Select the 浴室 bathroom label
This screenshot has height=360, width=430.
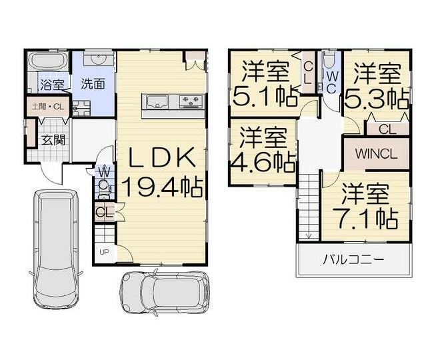coord(53,85)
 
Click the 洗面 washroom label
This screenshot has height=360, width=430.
coord(93,84)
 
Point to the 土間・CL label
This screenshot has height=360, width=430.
coord(48,107)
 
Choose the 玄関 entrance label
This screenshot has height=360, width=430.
coord(53,140)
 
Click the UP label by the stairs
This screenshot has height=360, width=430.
coord(104,252)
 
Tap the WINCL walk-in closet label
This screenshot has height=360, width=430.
coord(376,154)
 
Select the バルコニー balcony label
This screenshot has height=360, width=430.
coord(353,259)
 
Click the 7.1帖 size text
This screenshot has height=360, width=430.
coord(365,219)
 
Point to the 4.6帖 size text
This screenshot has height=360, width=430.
coord(263,162)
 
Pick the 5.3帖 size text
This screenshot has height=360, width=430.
coord(377,98)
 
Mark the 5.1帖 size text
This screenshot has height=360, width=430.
coord(265,97)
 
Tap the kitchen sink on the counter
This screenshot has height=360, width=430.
coord(157,102)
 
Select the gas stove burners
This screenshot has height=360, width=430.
coord(191,101)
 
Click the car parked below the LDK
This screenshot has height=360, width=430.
coord(165,293)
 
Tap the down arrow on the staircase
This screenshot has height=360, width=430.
coord(309,235)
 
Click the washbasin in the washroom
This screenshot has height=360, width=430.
coord(98,59)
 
